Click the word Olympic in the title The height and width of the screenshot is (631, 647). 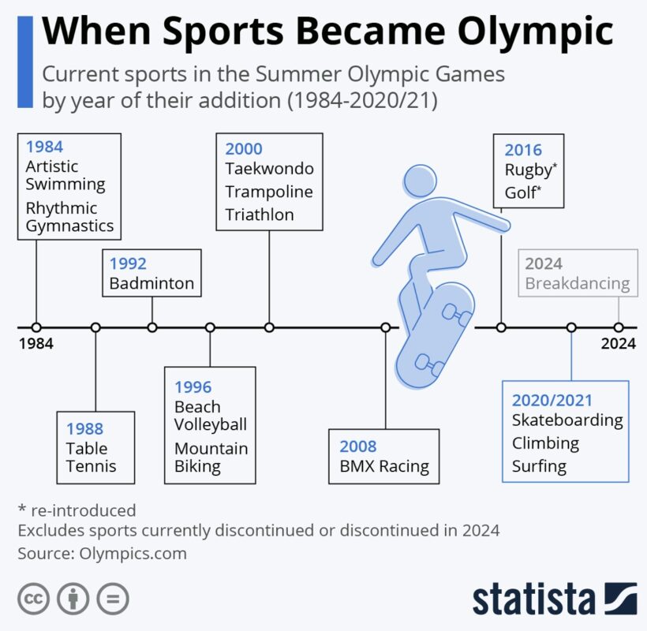click(x=535, y=32)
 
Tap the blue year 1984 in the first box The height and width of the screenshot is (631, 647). click(x=44, y=147)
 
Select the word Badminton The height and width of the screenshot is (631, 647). click(x=151, y=283)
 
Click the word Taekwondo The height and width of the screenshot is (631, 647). click(x=269, y=169)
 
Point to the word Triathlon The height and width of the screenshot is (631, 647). click(x=260, y=215)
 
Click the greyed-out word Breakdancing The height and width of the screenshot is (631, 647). click(x=578, y=284)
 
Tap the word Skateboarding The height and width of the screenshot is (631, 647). click(x=568, y=420)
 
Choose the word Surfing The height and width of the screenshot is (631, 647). click(x=540, y=466)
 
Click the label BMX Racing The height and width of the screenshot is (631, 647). click(x=384, y=466)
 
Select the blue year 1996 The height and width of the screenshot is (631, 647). click(x=193, y=387)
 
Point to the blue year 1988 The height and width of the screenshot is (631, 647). click(x=84, y=429)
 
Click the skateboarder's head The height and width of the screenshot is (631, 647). click(x=420, y=181)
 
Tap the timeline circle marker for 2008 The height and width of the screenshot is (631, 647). click(x=386, y=328)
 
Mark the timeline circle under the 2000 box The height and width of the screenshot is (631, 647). click(x=269, y=328)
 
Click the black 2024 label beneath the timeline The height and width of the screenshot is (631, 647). click(x=618, y=344)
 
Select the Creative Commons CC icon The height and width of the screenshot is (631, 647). click(x=33, y=599)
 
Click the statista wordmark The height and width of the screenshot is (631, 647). click(x=534, y=599)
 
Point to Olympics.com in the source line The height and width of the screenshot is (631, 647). click(x=133, y=554)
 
